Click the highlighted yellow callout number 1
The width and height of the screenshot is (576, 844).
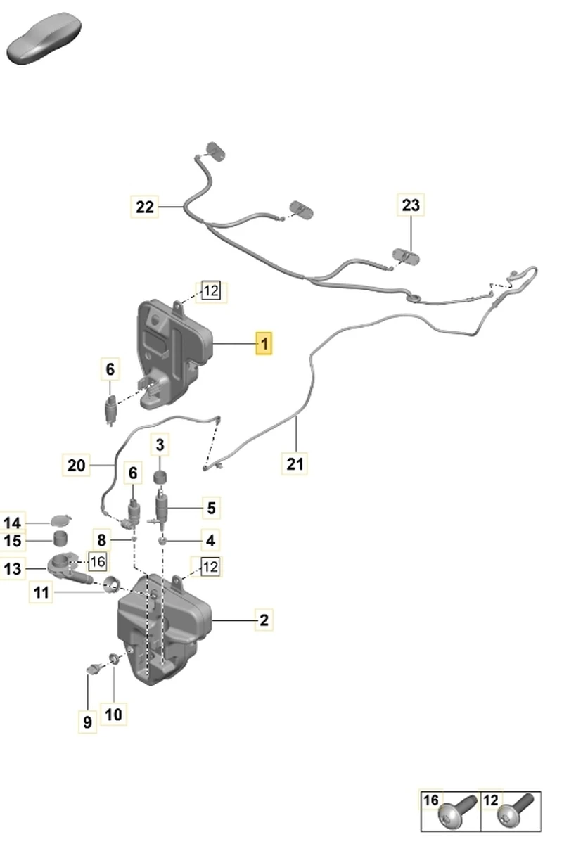point(264,343)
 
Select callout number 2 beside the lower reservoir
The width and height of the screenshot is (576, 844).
point(264,620)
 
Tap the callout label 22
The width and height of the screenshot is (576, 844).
point(145,207)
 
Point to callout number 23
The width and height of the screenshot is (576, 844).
point(411,205)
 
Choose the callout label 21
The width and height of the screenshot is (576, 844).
point(295,463)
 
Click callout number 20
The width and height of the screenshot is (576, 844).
point(76,465)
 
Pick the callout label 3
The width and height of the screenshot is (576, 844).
point(160,445)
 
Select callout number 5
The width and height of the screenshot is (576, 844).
point(211,508)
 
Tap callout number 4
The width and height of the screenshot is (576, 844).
point(210,540)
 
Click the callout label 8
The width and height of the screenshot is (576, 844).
point(102,540)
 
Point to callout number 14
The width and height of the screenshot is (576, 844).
point(12,523)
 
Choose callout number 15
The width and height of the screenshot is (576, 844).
point(12,541)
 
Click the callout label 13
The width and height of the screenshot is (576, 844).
point(12,568)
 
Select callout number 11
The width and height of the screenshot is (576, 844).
point(41,592)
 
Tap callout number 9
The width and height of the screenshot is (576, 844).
point(87,722)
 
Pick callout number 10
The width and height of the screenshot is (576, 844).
point(113,715)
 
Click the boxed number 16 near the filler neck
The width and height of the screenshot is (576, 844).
point(98,562)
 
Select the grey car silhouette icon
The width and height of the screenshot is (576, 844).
point(44,38)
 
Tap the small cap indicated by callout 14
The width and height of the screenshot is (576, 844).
point(61,520)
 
